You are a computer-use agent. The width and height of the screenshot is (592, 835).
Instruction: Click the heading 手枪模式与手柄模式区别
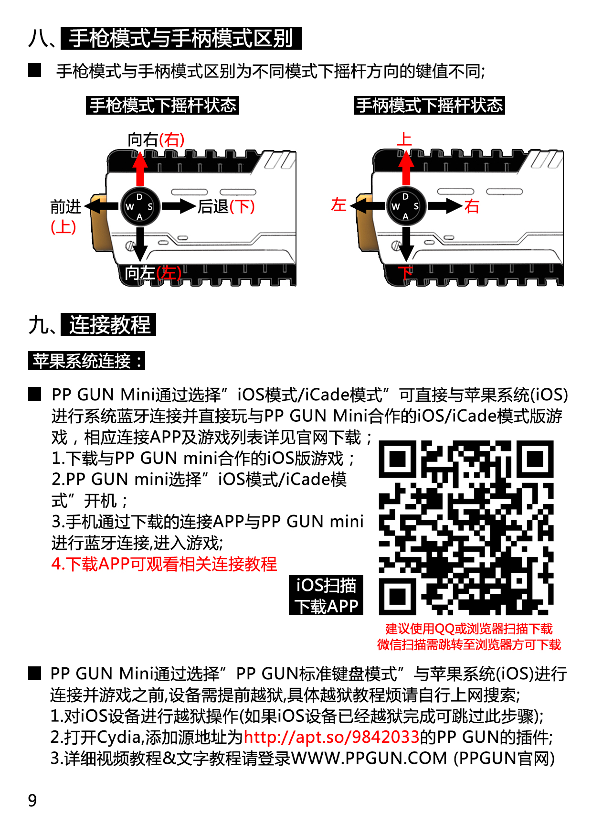[x=181, y=38]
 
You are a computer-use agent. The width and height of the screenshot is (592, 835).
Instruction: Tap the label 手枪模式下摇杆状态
[x=162, y=105]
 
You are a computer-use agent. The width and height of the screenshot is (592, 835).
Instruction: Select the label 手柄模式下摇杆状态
[x=429, y=105]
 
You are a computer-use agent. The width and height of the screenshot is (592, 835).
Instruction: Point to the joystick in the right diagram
[x=406, y=206]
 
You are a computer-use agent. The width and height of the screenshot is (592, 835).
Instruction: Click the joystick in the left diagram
[x=140, y=206]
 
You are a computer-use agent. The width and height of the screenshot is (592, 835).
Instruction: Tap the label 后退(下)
[x=226, y=206]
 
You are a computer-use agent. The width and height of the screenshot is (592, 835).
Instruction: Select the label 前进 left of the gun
[x=66, y=207]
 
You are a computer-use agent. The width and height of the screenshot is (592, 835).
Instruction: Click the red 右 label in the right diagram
[x=472, y=206]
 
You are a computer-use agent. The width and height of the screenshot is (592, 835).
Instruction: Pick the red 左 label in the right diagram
[x=338, y=204]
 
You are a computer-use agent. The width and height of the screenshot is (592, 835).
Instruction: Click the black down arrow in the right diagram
[x=406, y=244]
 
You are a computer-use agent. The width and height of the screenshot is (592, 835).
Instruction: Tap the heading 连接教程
[x=109, y=325]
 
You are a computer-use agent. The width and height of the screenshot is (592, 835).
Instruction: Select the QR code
[x=466, y=527]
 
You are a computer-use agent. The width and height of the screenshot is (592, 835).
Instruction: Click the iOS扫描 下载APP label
[x=326, y=595]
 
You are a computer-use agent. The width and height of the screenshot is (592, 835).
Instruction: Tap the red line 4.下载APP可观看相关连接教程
[x=164, y=564]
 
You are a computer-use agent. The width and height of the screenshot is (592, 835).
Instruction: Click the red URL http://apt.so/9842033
[x=331, y=737]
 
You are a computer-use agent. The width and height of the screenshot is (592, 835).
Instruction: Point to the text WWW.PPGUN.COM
[x=369, y=758]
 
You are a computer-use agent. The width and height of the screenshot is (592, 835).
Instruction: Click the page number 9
[x=32, y=800]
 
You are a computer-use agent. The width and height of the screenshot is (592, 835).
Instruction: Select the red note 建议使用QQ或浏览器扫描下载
[x=469, y=629]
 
